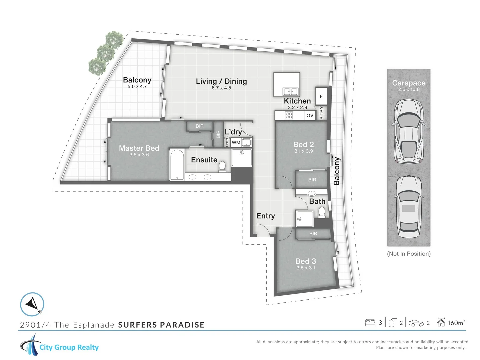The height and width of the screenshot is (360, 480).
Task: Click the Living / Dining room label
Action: (x=221, y=81)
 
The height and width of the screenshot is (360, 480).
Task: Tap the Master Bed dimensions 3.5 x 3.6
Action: (x=139, y=155)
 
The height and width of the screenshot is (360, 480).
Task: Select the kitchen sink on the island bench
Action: (x=290, y=91)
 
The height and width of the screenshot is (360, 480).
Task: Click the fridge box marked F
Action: (x=321, y=96)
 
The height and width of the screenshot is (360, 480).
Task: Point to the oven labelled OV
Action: (x=310, y=115)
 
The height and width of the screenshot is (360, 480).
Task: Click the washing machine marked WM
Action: (x=236, y=142)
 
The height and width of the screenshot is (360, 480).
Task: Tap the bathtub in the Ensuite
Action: (x=177, y=164)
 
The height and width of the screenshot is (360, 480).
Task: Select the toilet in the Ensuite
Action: (x=222, y=166)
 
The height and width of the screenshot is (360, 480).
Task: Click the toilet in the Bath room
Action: (x=322, y=212)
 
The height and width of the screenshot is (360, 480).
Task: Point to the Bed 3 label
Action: (x=306, y=261)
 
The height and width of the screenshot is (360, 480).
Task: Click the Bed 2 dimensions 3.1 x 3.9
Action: (x=303, y=151)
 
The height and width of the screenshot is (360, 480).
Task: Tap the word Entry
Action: (x=265, y=216)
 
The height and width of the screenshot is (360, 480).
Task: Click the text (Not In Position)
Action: (x=409, y=254)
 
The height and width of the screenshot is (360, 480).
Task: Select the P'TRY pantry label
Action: (x=321, y=113)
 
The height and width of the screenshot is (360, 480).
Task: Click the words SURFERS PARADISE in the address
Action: (x=161, y=325)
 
